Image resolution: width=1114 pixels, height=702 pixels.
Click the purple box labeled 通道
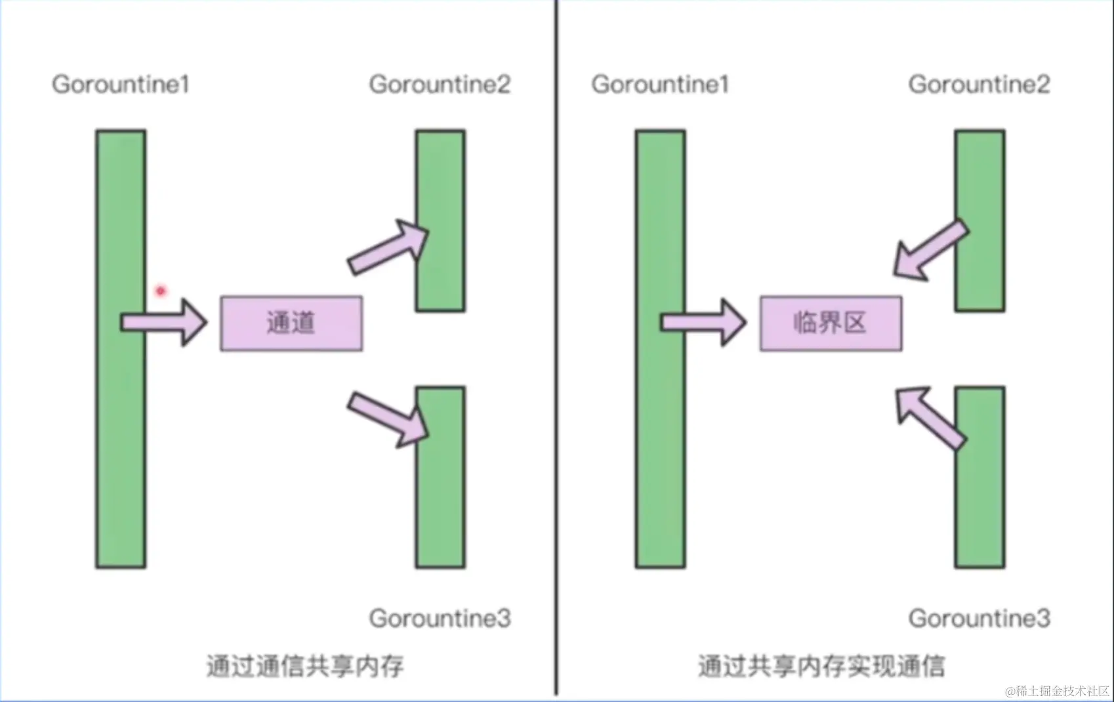click(291, 323)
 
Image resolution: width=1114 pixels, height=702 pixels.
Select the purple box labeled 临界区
click(831, 323)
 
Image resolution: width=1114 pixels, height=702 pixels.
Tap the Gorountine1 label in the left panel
click(121, 84)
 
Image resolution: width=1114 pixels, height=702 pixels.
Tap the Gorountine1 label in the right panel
click(660, 84)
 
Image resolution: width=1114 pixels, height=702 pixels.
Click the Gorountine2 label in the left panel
click(440, 84)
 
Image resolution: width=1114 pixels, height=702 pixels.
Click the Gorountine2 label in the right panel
click(979, 84)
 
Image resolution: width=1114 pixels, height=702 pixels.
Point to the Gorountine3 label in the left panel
click(440, 618)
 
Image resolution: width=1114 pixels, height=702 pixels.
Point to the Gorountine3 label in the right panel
click(979, 618)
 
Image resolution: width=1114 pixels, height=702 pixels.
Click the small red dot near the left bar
click(161, 290)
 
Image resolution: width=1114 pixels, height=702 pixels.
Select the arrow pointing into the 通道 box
click(164, 322)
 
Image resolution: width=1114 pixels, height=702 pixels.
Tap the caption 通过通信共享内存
click(305, 666)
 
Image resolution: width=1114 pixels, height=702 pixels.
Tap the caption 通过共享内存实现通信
click(821, 666)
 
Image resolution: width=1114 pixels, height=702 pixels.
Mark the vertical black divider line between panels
click(556, 348)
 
